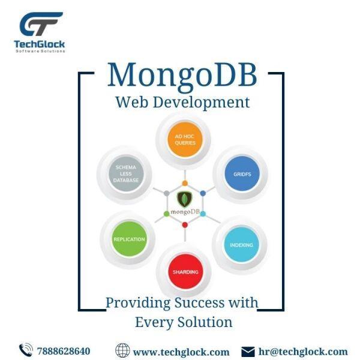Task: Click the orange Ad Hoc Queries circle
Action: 185,139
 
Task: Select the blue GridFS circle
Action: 242,173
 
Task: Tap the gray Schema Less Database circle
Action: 126,173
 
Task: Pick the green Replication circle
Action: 129,239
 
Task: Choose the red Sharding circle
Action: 185,272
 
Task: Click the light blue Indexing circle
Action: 242,245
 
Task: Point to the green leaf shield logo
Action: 185,199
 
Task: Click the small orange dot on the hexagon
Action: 185,183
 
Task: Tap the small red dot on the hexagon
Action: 185,225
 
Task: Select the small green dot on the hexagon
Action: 167,214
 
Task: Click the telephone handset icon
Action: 26,350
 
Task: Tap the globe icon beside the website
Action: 122,350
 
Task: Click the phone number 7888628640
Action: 64,351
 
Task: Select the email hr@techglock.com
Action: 303,352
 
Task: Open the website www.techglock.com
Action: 181,352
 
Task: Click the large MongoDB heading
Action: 182,76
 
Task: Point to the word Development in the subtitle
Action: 201,103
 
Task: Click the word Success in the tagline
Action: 199,302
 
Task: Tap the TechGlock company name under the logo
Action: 40,44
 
